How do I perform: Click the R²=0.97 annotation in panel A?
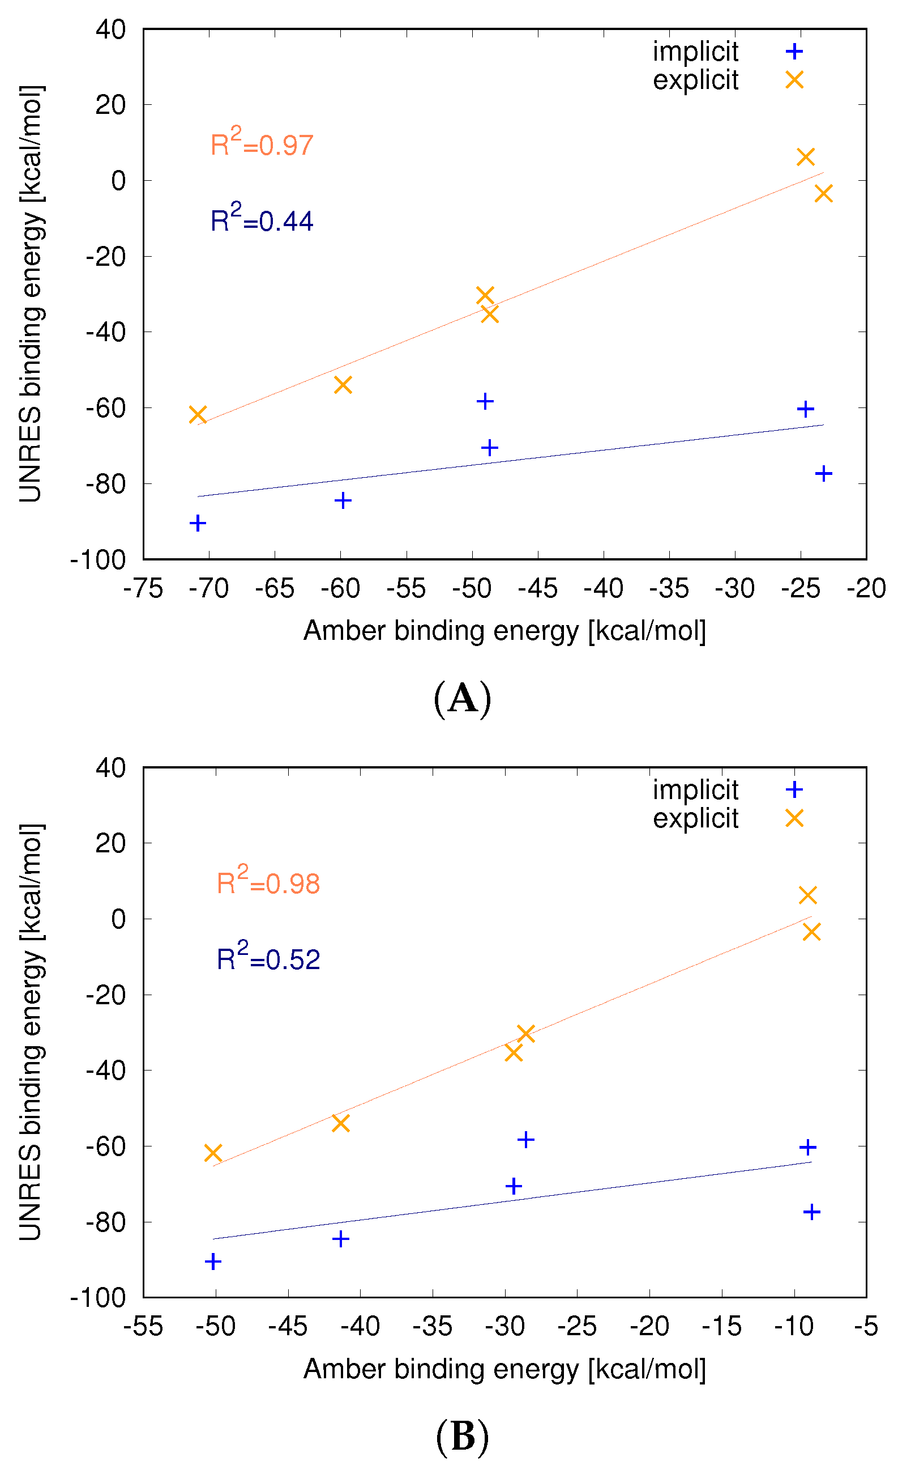click(262, 143)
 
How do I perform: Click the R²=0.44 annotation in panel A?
click(262, 219)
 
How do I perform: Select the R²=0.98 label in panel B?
click(268, 882)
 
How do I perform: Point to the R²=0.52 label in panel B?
click(268, 958)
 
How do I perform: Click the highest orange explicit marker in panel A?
click(805, 157)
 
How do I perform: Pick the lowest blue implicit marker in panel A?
click(198, 523)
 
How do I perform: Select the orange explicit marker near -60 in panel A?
click(343, 384)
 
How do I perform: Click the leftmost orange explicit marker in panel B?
click(213, 1152)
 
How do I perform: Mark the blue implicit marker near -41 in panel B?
click(340, 1239)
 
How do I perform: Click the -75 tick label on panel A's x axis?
click(143, 589)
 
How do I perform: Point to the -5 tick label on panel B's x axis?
click(866, 1326)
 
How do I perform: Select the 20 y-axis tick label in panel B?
click(111, 843)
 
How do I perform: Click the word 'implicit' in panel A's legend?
click(695, 52)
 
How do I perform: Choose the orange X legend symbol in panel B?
click(794, 819)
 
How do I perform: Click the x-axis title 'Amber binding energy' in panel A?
click(504, 631)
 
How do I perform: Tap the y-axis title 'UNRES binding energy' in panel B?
click(31, 1032)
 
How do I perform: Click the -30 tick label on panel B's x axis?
click(504, 1326)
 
